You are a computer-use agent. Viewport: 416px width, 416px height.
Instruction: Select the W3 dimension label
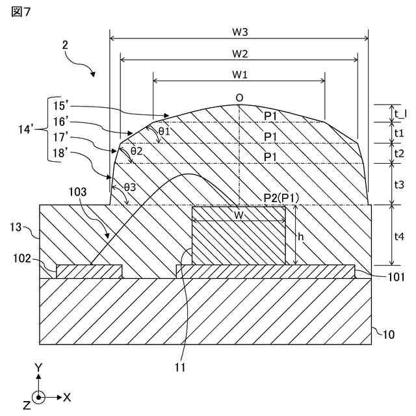click(240, 31)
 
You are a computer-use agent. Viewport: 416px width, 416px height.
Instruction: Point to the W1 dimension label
click(240, 74)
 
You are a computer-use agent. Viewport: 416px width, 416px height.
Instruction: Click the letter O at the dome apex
click(240, 97)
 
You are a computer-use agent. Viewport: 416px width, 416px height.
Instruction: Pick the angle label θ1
click(164, 131)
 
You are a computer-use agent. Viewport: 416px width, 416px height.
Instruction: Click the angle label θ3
click(130, 187)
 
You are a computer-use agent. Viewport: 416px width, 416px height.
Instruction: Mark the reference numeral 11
click(180, 367)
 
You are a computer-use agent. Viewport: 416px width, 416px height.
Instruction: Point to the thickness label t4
click(400, 237)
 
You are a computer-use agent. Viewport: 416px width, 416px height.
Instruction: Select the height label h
click(300, 237)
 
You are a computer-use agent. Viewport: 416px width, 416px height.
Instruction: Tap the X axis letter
click(68, 396)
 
